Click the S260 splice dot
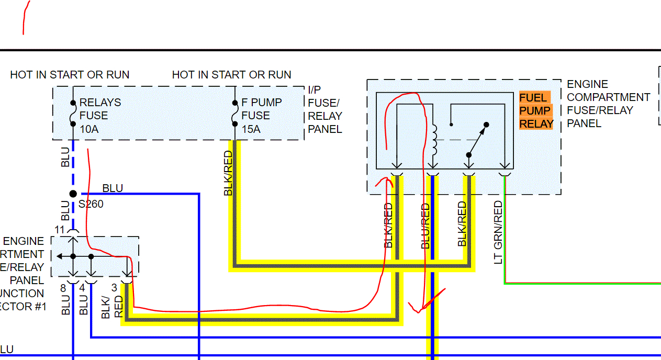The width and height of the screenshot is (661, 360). (x=73, y=194)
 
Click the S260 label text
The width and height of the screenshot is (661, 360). (x=91, y=204)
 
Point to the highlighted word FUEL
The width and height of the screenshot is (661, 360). (x=533, y=98)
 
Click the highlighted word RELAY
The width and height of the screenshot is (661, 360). (x=536, y=124)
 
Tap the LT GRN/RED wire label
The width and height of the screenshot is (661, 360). (x=498, y=232)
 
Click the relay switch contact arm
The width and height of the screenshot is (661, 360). (x=477, y=140)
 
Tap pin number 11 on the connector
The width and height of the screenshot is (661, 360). (x=59, y=229)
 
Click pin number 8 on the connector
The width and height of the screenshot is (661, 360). (x=63, y=287)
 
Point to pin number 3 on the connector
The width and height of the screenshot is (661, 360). (x=114, y=287)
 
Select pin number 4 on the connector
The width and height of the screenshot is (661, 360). (x=82, y=287)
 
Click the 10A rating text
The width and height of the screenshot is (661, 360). (x=88, y=129)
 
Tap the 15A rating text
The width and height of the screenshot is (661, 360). (x=251, y=129)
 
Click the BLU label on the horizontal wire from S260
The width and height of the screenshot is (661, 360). (x=113, y=188)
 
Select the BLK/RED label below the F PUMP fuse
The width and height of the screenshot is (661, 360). (x=228, y=173)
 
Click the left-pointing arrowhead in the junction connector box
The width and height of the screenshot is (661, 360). (x=59, y=256)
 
